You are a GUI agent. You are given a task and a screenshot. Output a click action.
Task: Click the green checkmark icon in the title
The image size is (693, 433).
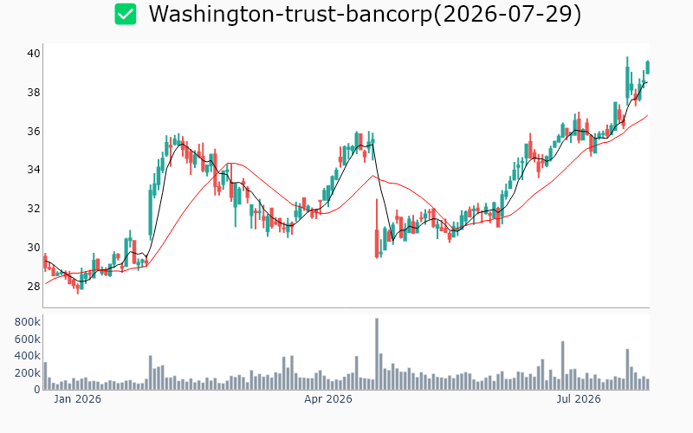126,14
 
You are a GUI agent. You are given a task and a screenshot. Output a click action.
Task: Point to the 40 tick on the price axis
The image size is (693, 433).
34,54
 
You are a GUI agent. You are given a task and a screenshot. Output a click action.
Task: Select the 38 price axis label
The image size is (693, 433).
34,93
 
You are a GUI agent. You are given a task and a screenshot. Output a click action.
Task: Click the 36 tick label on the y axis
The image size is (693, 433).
34,132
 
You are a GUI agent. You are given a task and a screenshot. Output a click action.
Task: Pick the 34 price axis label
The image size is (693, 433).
34,170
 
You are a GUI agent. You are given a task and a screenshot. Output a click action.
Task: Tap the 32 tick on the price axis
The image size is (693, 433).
34,209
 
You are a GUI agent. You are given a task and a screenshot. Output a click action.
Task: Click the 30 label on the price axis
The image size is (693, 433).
34,248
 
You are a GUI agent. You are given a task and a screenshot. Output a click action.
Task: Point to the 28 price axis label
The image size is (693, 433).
34,287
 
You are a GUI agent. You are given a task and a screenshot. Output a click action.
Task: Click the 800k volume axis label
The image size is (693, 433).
28,322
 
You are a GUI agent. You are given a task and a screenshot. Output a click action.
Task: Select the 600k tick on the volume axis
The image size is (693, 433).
28,339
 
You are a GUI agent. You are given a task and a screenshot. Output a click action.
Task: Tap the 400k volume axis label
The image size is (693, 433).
28,356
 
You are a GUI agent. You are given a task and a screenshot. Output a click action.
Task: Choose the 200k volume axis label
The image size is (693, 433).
28,373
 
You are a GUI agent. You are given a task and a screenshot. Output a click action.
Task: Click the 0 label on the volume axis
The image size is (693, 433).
37,390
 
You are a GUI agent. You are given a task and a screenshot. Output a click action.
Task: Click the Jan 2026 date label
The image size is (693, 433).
77,399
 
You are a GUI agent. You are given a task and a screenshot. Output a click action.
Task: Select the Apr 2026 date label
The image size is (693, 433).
328,399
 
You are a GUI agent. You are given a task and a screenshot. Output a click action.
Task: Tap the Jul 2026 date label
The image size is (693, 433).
579,399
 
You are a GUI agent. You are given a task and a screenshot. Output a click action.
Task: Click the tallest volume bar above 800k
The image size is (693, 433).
377,354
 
